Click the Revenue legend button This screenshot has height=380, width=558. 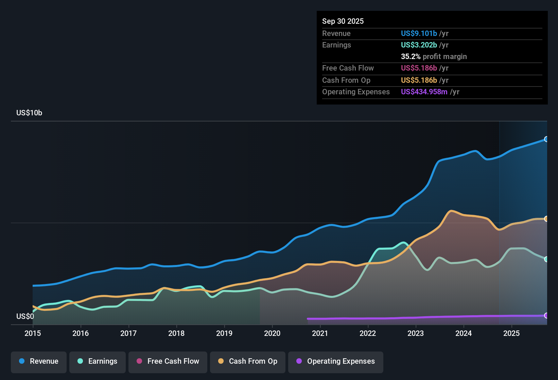[x=39, y=361]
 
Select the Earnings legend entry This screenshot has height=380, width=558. [x=98, y=361]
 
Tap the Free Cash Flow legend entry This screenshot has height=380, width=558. [x=168, y=361]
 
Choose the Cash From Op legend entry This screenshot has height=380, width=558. [x=248, y=361]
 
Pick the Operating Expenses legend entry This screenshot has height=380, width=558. [x=336, y=361]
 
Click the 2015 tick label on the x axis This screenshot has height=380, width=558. [x=33, y=333]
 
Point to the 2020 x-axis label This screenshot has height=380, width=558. [x=272, y=333]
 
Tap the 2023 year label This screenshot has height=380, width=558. [x=416, y=333]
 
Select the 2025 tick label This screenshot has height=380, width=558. [x=511, y=333]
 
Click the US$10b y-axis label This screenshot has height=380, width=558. [x=29, y=113]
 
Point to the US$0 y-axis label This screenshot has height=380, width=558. [x=25, y=317]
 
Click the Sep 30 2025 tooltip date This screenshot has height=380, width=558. [x=343, y=21]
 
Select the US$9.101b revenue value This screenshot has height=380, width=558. [x=419, y=33]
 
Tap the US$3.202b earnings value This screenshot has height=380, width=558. [x=419, y=45]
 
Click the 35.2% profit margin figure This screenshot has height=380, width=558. [x=411, y=57]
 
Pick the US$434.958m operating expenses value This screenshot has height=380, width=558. [x=424, y=92]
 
